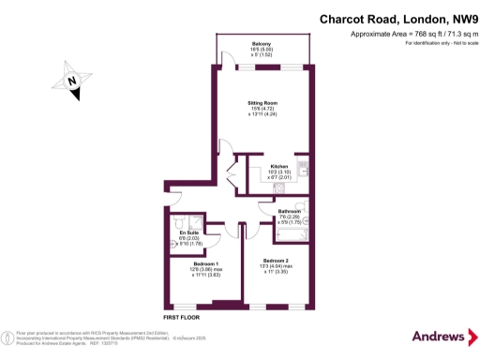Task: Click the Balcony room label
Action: [262, 43]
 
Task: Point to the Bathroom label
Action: [289, 213]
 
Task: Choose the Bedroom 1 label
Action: [205, 263]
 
